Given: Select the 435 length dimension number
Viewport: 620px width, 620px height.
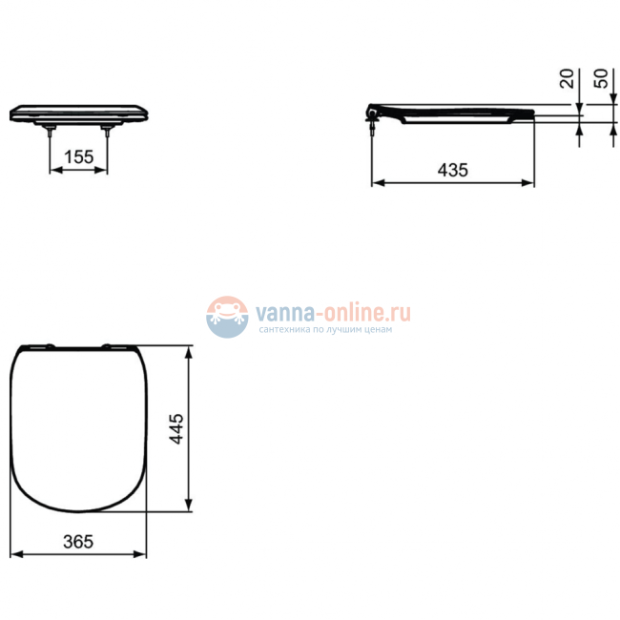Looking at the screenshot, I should coord(452,169).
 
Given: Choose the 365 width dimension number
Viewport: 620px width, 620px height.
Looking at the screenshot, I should coord(78,541).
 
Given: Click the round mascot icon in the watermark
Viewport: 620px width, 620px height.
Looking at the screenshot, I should coord(227,317).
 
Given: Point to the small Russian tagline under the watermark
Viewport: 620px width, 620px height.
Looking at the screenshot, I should coord(324,330).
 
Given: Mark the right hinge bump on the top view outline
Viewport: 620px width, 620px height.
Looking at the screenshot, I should coord(113,346).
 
